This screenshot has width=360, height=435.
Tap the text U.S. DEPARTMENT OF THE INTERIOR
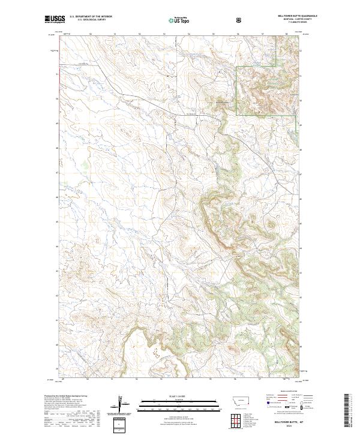point(91,17)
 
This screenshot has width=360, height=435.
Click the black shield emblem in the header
point(240,20)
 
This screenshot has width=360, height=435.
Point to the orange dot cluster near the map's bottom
point(157,354)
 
